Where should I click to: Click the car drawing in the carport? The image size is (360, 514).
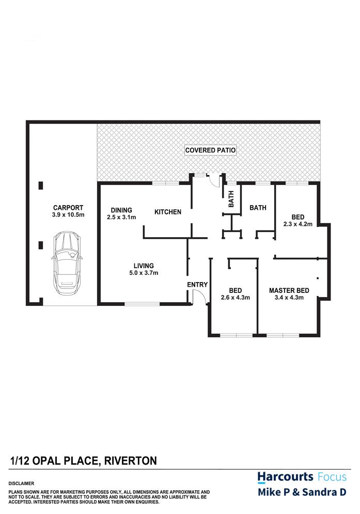pos(67,263)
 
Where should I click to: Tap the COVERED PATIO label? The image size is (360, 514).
pos(210,150)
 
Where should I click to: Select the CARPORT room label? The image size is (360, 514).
pos(68,208)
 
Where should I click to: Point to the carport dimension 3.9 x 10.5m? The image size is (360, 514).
pos(68,215)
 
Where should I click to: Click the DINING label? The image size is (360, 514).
pos(121,210)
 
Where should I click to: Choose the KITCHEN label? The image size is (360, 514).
pos(168,212)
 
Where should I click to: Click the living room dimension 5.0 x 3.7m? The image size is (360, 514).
pos(144,273)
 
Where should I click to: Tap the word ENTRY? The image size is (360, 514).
pos(197,285)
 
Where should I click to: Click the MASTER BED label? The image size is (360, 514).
pos(289,290)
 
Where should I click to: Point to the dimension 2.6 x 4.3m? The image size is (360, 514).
pos(236,298)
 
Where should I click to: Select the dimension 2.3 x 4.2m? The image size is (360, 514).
pos(298,224)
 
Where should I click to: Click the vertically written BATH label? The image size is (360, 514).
pos(231,199)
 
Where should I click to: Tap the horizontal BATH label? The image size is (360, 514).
pos(258,208)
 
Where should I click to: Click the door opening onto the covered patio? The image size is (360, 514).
pos(215,180)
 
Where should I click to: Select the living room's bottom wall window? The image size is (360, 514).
pos(142,304)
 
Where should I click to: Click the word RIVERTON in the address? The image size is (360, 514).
pos(131,461)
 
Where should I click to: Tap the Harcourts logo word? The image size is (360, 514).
pos(285,477)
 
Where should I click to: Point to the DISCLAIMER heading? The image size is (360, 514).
pos(21,484)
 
